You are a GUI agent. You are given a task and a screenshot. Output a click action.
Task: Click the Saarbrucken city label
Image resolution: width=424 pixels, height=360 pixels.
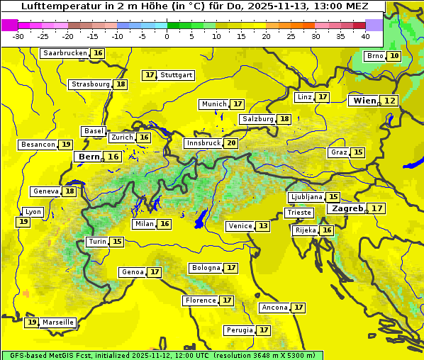tap(65, 53)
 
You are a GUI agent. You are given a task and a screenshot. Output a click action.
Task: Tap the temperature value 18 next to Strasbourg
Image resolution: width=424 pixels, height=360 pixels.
tap(121, 84)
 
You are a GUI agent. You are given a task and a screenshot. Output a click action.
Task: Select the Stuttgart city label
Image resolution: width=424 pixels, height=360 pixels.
tap(177, 75)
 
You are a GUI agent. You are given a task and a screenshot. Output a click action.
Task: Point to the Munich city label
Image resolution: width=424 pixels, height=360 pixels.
tap(214, 104)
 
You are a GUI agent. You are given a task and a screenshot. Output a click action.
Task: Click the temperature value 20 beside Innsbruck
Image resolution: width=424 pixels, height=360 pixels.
tap(231, 143)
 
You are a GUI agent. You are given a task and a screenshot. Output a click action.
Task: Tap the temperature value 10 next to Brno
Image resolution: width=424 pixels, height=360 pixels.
tap(394, 56)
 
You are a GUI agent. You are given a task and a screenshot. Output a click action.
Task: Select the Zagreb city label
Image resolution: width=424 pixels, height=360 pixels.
tap(347, 208)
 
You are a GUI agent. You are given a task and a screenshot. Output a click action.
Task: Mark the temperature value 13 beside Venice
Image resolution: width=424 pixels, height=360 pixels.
tap(263, 226)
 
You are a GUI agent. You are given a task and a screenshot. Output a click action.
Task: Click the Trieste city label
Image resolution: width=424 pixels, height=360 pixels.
tap(299, 213)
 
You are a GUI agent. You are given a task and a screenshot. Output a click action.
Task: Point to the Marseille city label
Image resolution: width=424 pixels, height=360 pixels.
tap(58, 322)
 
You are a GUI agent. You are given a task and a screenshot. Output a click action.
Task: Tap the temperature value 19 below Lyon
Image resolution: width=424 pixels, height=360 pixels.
tap(23, 222)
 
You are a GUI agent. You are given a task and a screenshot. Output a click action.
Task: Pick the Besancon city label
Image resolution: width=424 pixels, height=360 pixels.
tap(38, 145)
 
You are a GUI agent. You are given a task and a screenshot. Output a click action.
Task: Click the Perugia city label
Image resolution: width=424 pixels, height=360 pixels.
tap(239, 330)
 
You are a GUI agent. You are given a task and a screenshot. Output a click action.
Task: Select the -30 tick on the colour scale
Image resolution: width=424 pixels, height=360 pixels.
tap(18, 35)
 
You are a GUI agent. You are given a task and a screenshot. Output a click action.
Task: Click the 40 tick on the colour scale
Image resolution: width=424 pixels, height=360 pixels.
tap(365, 35)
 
